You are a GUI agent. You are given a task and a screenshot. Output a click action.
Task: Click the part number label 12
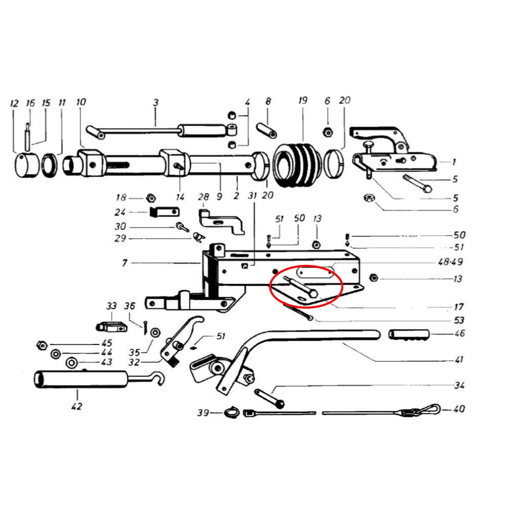coord(14,104)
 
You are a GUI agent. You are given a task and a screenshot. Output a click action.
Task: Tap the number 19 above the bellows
coord(302,100)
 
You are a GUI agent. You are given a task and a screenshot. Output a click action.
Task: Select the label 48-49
coord(450,262)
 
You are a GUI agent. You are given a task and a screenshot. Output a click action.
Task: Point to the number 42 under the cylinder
coord(76,406)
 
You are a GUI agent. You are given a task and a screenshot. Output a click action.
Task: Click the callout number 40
coord(458,409)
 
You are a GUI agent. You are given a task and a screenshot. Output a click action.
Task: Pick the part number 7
coord(124,263)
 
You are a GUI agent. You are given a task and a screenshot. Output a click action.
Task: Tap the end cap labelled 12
coord(27,165)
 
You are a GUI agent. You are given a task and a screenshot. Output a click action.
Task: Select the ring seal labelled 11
coord(49,164)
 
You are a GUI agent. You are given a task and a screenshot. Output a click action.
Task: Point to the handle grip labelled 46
coord(408,335)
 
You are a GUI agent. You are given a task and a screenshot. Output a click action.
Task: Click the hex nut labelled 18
coord(151,198)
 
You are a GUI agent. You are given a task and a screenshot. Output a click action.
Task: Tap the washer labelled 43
coord(72,363)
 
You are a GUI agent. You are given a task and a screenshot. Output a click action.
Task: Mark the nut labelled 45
coord(42,345)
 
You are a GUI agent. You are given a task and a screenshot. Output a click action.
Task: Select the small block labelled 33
coord(112,327)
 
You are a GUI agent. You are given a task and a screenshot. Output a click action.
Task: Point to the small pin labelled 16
coord(28,136)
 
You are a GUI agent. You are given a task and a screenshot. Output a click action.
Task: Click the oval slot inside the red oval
coord(315,273)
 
